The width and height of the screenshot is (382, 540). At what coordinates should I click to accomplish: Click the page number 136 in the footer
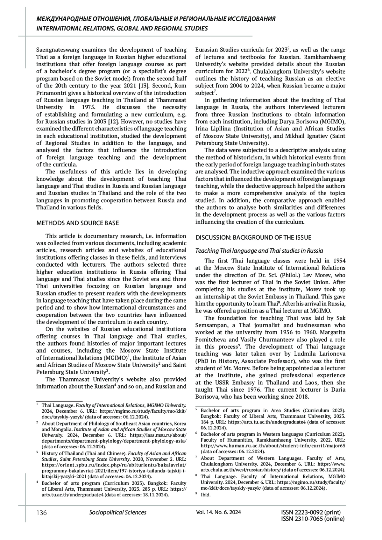click(42, 512)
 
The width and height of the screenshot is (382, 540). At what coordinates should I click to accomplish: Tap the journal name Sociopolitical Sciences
click(118, 512)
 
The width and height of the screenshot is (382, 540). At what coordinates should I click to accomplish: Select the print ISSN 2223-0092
click(311, 512)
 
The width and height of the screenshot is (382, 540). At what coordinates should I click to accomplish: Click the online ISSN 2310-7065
click(313, 519)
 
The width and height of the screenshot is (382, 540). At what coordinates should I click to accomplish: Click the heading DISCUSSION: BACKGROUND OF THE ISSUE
click(253, 238)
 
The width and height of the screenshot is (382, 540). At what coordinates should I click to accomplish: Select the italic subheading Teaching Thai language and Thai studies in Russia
click(259, 251)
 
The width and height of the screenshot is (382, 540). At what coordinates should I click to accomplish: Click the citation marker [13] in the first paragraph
click(145, 86)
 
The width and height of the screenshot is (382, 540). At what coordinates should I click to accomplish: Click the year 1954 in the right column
click(338, 261)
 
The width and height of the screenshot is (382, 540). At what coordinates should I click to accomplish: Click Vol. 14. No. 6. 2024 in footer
click(219, 512)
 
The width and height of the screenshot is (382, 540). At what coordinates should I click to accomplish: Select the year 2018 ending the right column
click(301, 397)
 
